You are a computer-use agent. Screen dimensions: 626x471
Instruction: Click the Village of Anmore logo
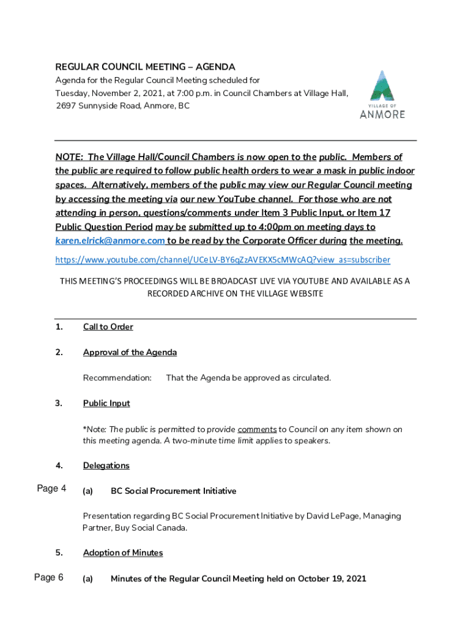click(x=382, y=95)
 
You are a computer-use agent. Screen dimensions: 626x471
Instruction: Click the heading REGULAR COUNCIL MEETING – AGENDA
click(x=146, y=67)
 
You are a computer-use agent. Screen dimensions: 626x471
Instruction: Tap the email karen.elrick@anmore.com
click(x=110, y=241)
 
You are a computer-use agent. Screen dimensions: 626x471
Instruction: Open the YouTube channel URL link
click(x=223, y=260)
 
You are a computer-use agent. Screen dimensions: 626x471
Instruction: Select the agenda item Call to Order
click(x=108, y=326)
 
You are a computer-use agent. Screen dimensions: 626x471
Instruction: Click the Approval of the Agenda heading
click(x=130, y=352)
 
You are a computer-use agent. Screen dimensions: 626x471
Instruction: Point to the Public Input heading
click(x=106, y=403)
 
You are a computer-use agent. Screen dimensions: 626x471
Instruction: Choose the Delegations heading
click(x=106, y=466)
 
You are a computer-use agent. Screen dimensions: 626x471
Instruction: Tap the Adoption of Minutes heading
click(x=123, y=553)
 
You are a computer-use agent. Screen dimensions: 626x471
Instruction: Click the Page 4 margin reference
click(x=51, y=488)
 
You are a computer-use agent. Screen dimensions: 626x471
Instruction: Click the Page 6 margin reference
click(x=49, y=578)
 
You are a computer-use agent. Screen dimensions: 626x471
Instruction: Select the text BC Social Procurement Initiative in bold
click(x=173, y=491)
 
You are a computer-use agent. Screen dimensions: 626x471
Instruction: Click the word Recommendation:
click(x=117, y=378)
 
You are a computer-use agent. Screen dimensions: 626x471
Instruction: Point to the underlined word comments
click(x=257, y=429)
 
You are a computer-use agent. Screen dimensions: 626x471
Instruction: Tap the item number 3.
click(x=59, y=403)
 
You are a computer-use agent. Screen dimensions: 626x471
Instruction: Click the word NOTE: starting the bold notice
click(x=70, y=157)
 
